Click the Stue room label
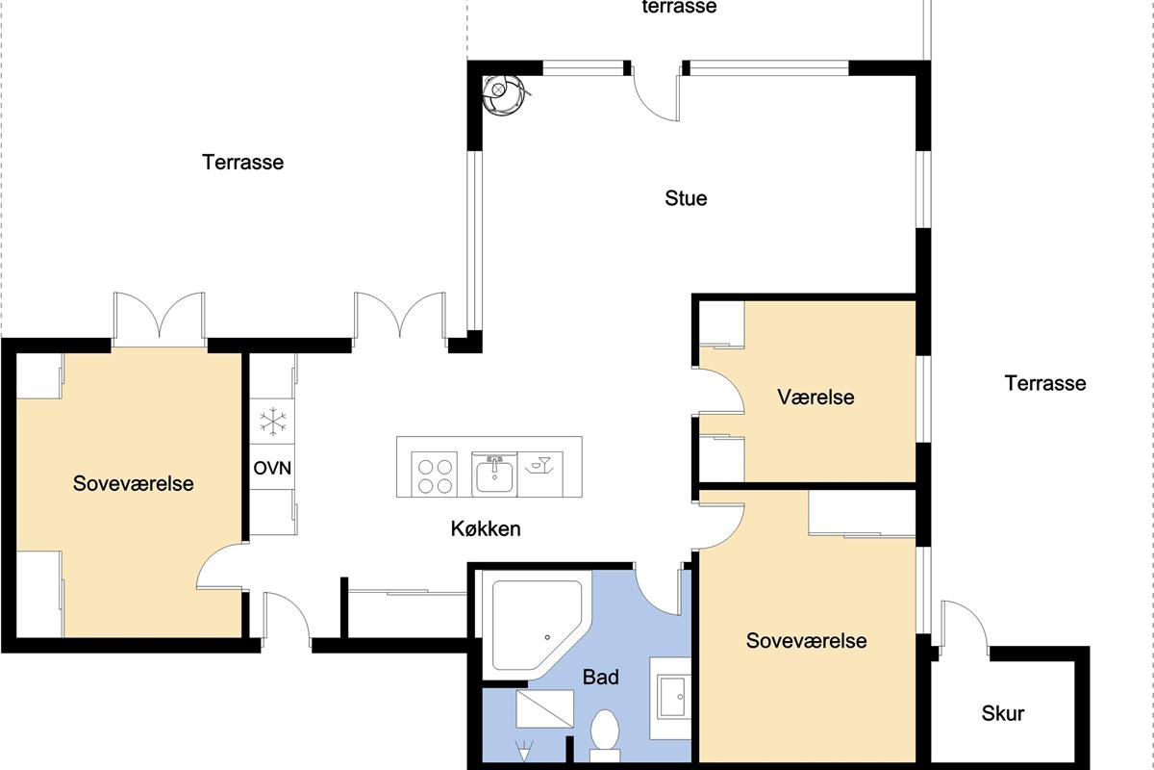coord(686,198)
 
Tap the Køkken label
coord(486,528)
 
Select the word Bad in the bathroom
coord(601,678)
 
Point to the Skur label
coord(1002,713)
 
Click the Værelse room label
coord(815,398)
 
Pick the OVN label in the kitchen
coord(272,468)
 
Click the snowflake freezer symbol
coord(272,422)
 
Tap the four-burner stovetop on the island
coord(435,475)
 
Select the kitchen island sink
coord(494,475)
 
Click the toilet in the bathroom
coord(605,735)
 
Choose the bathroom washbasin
coord(672,697)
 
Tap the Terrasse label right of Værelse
coord(1045,383)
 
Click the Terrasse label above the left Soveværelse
coord(242,162)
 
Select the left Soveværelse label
coord(133,483)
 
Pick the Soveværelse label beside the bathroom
coord(806,641)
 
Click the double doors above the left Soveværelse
coord(160,320)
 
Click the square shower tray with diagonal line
coord(544,709)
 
